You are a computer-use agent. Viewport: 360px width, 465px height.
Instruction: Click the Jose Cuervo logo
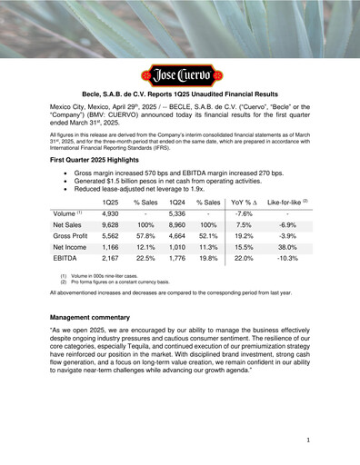point(179,74)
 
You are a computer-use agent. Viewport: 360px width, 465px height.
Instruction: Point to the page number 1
point(309,439)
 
